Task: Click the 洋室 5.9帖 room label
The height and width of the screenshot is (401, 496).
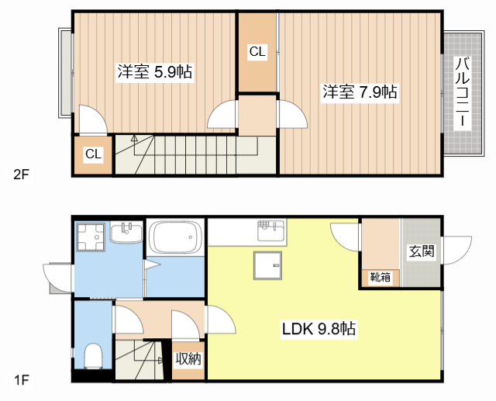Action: point(155,72)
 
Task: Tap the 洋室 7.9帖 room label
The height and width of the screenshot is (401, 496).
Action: point(360,92)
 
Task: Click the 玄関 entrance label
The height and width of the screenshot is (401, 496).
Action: point(421,251)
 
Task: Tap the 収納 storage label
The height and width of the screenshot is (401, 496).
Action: point(188,358)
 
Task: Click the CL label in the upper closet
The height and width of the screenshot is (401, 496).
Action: point(257,53)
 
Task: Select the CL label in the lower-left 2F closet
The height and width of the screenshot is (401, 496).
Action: point(93,154)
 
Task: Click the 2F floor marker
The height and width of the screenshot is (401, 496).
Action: point(20,174)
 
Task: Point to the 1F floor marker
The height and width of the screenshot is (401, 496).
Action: point(20,380)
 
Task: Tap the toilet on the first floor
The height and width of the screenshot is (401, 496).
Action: point(92,356)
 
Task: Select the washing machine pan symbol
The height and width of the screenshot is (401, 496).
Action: point(91,237)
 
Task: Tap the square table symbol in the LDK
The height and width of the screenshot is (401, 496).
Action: point(268,266)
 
